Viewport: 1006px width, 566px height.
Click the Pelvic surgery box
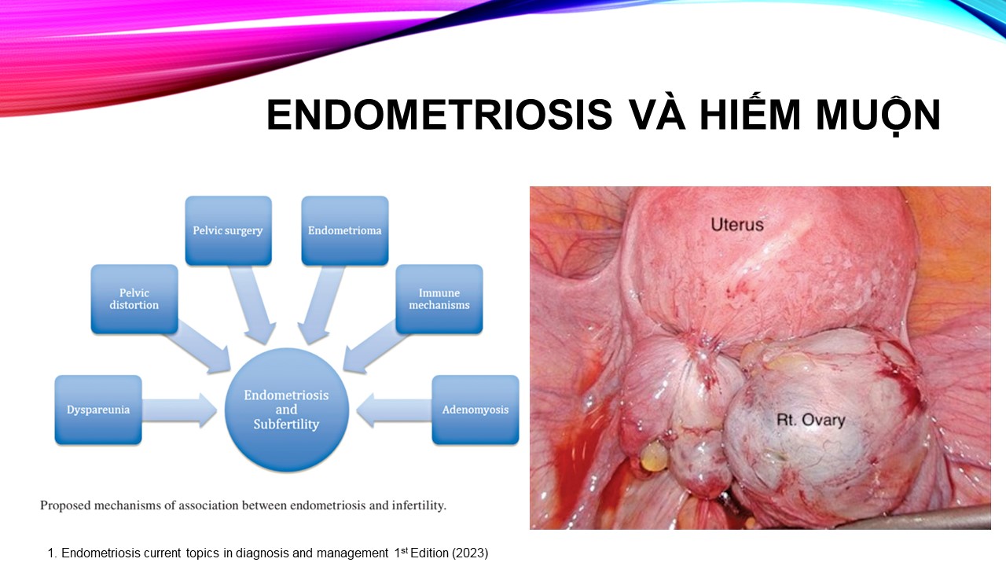228,230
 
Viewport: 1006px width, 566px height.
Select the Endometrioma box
344,230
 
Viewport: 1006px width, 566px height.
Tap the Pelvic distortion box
134,300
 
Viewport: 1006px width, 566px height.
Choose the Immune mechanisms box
439,300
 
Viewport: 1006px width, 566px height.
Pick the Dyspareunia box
98,410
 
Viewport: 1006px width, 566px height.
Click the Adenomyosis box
475,410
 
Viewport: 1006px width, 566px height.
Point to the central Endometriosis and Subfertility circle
287,410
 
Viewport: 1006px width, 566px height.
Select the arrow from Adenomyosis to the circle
395,410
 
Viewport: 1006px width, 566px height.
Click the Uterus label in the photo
737,225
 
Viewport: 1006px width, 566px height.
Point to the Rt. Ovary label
810,420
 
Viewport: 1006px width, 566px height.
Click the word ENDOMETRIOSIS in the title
439,115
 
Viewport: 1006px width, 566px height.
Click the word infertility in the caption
419,505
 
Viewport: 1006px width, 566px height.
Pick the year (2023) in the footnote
470,553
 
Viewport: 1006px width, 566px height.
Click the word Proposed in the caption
65,506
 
